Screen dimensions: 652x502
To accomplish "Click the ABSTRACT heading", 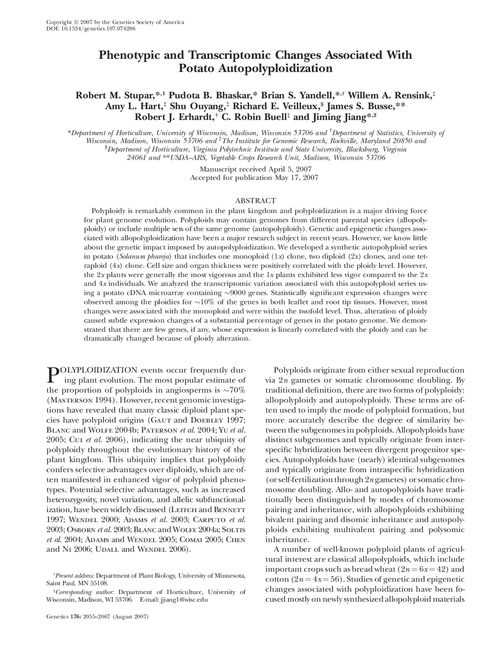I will click(x=255, y=200).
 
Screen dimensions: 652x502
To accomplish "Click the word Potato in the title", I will click(x=196, y=68).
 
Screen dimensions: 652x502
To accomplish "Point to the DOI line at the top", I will click(x=91, y=29).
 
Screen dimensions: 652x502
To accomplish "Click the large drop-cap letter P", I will click(x=52, y=375).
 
